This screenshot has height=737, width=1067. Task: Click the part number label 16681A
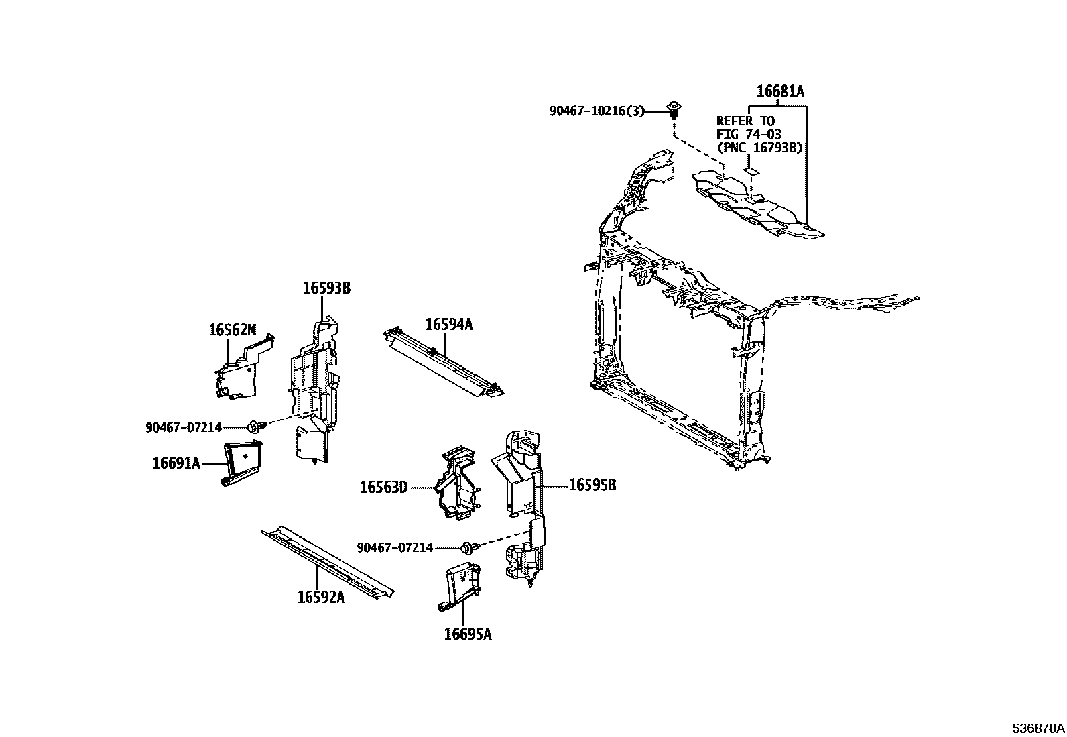(x=779, y=91)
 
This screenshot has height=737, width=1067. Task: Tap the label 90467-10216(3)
(x=597, y=111)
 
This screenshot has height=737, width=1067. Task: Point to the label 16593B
(x=326, y=288)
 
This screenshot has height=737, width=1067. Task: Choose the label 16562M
(x=232, y=329)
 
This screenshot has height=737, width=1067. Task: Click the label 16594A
(x=448, y=325)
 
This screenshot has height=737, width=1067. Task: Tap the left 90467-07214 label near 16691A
(x=184, y=427)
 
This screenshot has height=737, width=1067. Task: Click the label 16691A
(x=176, y=463)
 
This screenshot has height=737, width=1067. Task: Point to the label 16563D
(x=383, y=487)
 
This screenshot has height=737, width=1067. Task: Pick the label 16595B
(x=592, y=485)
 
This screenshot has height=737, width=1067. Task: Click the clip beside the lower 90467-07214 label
(x=469, y=548)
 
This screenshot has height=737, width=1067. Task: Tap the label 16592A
(x=321, y=597)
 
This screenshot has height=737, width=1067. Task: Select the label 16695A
(x=467, y=634)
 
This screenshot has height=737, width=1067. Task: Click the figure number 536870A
(x=1038, y=728)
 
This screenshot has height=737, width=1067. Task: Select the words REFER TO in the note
(x=745, y=121)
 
